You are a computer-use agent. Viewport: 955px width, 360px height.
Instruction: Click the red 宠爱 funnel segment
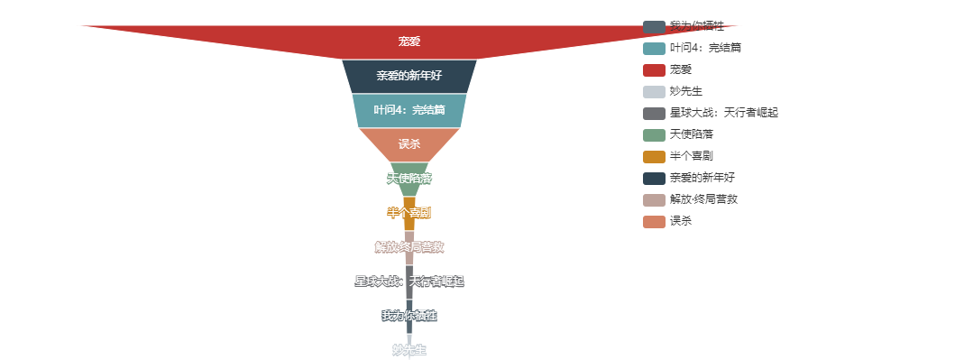pyautogui.click(x=409, y=42)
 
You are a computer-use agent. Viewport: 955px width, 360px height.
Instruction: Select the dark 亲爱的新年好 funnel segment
pyautogui.click(x=409, y=76)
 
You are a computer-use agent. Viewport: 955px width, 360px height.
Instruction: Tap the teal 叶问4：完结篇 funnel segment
pyautogui.click(x=409, y=110)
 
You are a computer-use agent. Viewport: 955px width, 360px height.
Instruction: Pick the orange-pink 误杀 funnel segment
pyautogui.click(x=409, y=144)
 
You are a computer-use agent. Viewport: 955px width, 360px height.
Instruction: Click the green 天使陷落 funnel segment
pyautogui.click(x=409, y=179)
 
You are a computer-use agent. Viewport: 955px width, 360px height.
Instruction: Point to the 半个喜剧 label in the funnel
pyautogui.click(x=409, y=213)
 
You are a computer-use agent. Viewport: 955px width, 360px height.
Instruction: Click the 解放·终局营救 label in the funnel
pyautogui.click(x=409, y=247)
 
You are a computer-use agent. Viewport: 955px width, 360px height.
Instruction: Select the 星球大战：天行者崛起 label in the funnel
pyautogui.click(x=409, y=282)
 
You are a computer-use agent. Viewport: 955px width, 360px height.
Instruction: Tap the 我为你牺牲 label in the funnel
pyautogui.click(x=409, y=316)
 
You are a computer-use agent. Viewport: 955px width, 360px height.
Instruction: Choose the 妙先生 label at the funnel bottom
pyautogui.click(x=409, y=350)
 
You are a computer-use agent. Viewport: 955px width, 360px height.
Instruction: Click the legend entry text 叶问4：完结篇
pyautogui.click(x=705, y=48)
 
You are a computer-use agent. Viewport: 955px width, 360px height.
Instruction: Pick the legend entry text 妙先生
pyautogui.click(x=686, y=91)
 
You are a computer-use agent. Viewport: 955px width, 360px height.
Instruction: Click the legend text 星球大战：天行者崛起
pyautogui.click(x=723, y=113)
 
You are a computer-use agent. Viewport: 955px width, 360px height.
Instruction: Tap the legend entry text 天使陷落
pyautogui.click(x=692, y=134)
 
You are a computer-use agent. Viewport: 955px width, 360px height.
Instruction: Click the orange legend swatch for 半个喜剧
pyautogui.click(x=654, y=156)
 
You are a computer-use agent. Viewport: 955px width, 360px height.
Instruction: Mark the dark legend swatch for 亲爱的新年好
pyautogui.click(x=654, y=178)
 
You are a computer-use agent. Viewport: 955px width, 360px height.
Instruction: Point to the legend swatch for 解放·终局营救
pyautogui.click(x=654, y=199)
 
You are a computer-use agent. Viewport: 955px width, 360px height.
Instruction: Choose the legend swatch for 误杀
pyautogui.click(x=654, y=221)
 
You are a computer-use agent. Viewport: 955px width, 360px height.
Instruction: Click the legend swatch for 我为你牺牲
pyautogui.click(x=654, y=27)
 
